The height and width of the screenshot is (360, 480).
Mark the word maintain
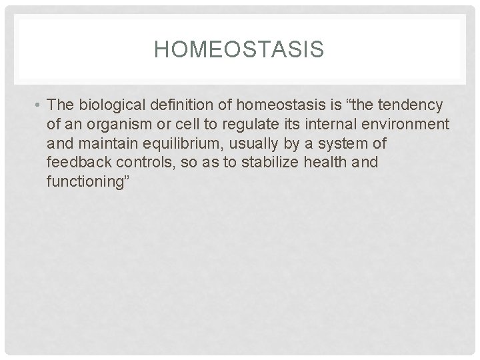click(103, 145)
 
